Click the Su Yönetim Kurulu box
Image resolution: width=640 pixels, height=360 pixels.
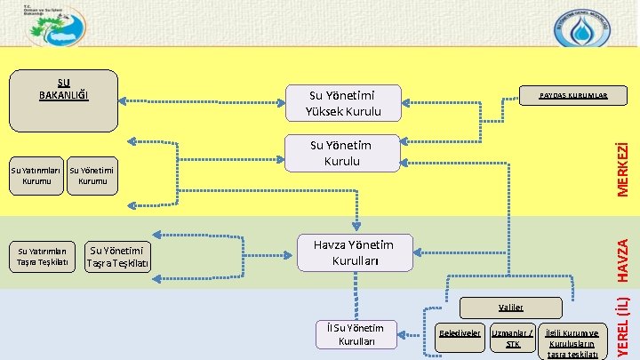click(342, 153)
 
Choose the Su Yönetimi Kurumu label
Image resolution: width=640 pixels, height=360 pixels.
click(92, 175)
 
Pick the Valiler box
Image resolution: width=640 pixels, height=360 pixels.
click(512, 305)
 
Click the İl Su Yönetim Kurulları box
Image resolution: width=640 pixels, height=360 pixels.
click(356, 334)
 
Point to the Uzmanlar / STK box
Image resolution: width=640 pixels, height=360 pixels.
click(513, 339)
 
